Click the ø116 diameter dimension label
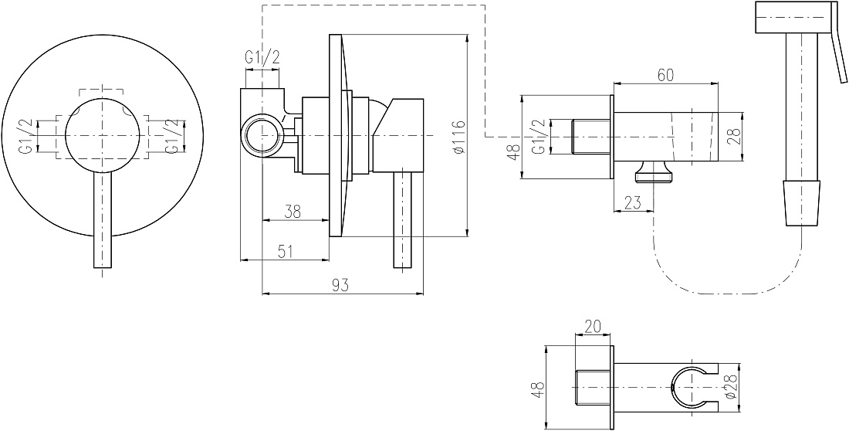pos(458,135)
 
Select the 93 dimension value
pos(340,284)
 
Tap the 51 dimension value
pos(286,251)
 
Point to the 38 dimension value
pos(293,211)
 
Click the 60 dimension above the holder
pos(665,75)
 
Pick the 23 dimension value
pos(632,202)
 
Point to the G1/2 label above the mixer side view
pos(262,57)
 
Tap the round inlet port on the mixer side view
pos(262,135)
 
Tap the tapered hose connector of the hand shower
pos(803,203)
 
